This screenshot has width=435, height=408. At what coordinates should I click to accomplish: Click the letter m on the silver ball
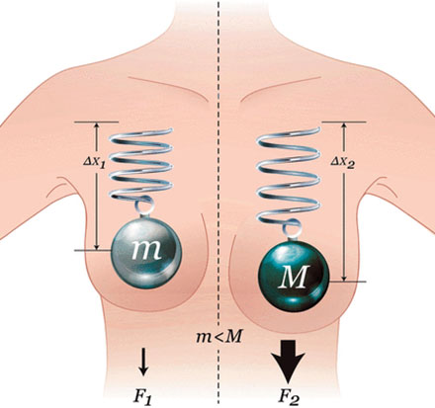[146, 250]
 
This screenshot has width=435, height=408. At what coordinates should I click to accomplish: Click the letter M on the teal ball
[294, 277]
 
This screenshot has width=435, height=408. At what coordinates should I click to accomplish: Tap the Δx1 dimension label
[94, 161]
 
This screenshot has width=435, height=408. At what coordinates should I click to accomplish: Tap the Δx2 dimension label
[343, 162]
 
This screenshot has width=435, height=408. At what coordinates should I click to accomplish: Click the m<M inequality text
[219, 337]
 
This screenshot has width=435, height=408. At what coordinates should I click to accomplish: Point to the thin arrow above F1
[143, 362]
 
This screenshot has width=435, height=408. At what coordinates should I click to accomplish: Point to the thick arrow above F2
[289, 362]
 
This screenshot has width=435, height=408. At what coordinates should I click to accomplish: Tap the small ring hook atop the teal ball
[293, 230]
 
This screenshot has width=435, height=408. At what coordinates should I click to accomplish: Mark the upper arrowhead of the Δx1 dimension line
[97, 126]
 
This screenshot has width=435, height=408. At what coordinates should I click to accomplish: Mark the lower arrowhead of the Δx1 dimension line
[97, 246]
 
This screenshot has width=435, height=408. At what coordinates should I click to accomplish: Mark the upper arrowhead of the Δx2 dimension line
[344, 126]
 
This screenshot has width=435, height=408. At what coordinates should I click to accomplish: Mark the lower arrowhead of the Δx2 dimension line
[344, 278]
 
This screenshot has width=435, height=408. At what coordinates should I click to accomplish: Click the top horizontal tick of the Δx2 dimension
[344, 122]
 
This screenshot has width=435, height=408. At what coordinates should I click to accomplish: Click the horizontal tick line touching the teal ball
[348, 282]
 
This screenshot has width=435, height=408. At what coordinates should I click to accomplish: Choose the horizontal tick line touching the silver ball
[93, 251]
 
